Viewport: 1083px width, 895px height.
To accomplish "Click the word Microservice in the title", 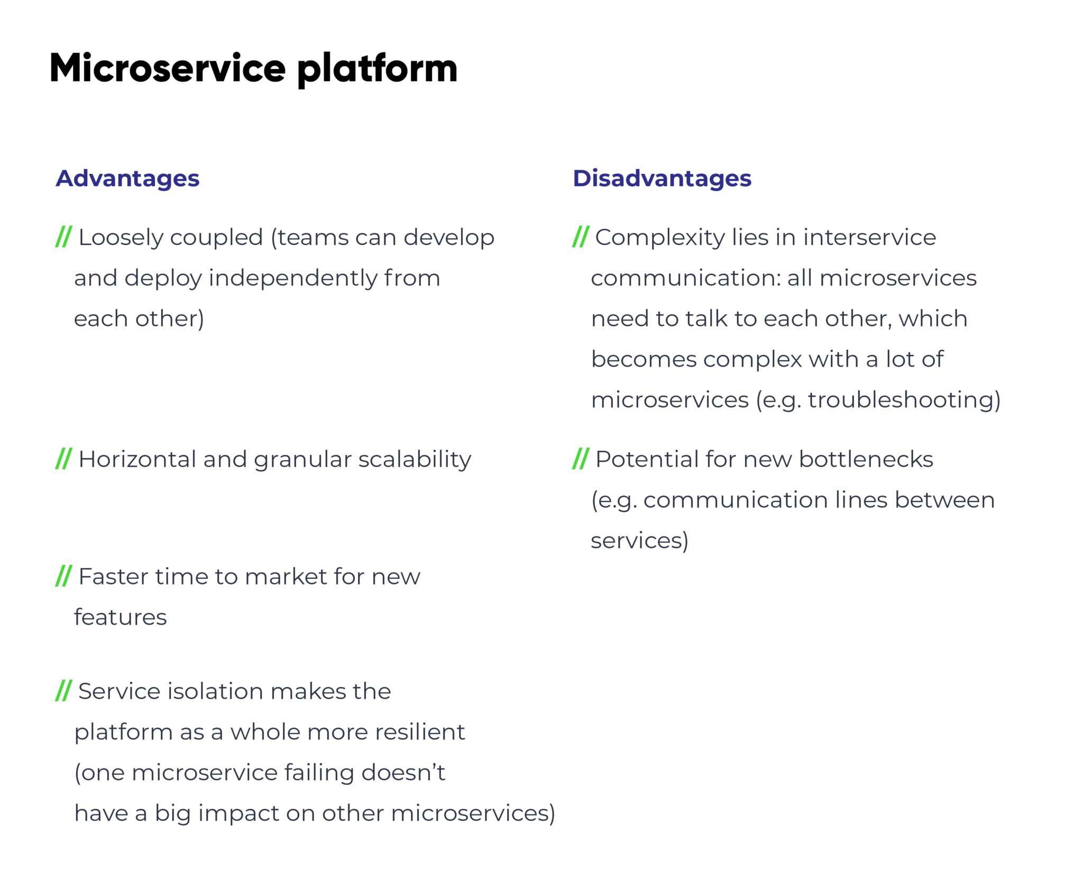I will [x=168, y=68].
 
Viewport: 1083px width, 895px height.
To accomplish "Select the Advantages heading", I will [x=127, y=178].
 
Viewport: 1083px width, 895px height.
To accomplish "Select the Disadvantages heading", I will [x=662, y=178].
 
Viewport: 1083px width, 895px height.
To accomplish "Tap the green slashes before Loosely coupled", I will [x=63, y=236].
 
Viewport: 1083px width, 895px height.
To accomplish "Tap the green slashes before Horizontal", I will [x=63, y=459].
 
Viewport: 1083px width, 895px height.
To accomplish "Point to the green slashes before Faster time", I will [x=63, y=576].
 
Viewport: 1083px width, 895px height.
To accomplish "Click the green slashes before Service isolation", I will [x=63, y=691].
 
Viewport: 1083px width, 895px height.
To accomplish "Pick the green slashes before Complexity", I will [x=580, y=236].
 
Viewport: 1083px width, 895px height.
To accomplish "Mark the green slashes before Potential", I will [x=580, y=459].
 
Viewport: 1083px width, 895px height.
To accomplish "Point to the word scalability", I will [x=415, y=460].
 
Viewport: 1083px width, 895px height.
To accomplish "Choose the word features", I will [x=120, y=617].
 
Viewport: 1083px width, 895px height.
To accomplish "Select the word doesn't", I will [x=403, y=773].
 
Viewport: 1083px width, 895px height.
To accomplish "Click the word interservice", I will [x=869, y=238].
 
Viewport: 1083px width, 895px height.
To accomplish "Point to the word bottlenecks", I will [x=866, y=459].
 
